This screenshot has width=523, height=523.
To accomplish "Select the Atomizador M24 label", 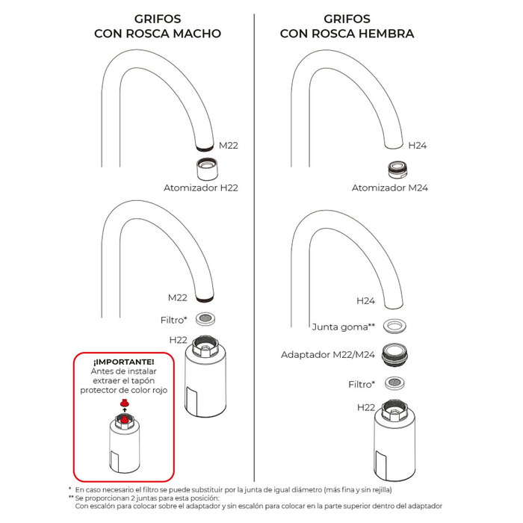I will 389,188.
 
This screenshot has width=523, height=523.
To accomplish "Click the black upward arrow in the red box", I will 125,413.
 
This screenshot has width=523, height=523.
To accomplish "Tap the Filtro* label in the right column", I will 361,384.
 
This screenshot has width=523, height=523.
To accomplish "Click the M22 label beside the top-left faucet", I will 228,145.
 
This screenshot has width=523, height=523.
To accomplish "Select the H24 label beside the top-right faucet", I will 417,145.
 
